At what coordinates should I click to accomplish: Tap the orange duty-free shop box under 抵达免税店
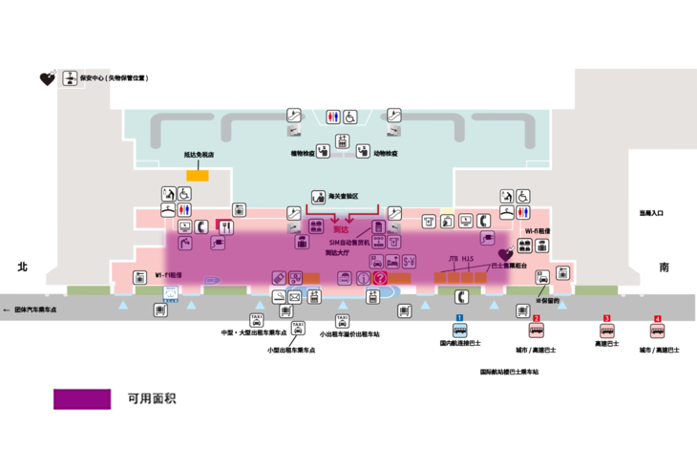point(198,175)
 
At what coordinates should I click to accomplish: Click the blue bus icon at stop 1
point(459,330)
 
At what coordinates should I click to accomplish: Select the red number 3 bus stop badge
point(606,318)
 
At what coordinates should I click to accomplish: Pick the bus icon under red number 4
point(657,331)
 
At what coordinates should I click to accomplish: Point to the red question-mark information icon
point(379,278)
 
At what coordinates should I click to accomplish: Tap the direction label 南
point(665,268)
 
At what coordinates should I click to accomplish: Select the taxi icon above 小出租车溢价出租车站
point(342,321)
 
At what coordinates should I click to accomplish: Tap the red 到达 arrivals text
point(341,229)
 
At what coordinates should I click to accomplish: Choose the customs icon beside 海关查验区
point(318,195)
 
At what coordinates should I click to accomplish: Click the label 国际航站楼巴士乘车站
point(509,372)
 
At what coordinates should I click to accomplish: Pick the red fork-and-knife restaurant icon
point(226,226)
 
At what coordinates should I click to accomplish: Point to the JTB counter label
point(454,258)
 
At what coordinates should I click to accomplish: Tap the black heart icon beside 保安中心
point(45,78)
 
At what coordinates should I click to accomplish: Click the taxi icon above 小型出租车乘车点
point(298,329)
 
